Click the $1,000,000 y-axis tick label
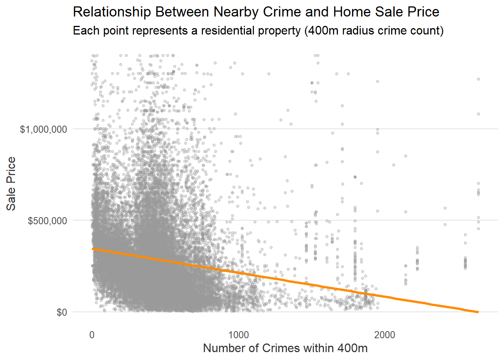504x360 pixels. tap(43, 129)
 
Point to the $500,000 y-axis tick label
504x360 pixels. tap(47, 220)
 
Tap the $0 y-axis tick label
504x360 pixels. tap(62, 312)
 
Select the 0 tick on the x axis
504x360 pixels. tap(92, 335)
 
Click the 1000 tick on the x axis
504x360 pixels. tap(238, 335)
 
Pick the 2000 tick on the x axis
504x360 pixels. tap(385, 335)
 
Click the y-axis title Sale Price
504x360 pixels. tap(11, 183)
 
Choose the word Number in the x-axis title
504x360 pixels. tap(225, 348)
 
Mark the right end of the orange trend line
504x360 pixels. tap(478, 312)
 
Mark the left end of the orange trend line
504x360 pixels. tap(93, 249)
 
